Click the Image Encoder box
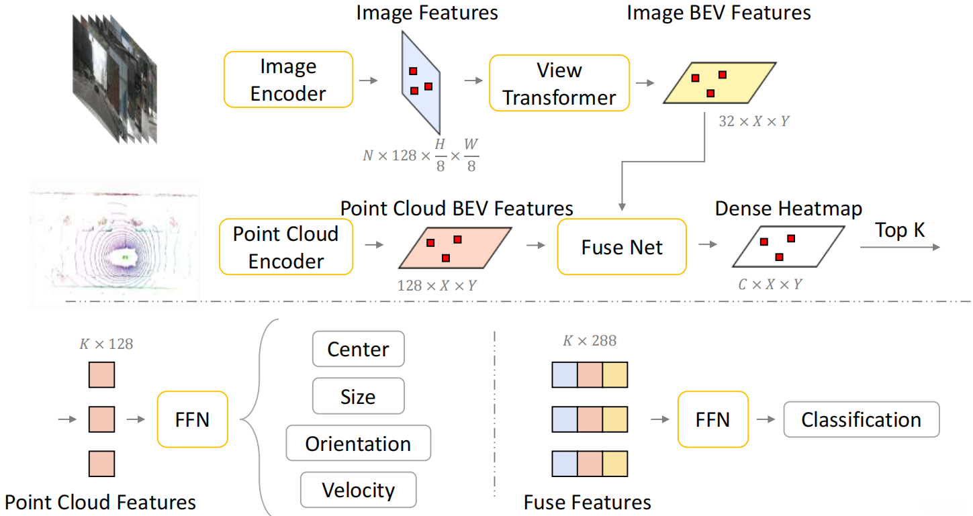pos(288,80)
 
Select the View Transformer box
pos(559,83)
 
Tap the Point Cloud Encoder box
pos(286,247)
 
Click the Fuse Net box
pos(622,247)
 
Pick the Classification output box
pos(861,420)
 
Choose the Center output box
pos(358,349)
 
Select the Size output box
pos(358,396)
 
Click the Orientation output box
pos(358,443)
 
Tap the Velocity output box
pos(358,490)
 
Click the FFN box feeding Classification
pos(712,420)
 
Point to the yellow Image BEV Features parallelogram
pos(720,83)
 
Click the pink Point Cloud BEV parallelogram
pos(455,248)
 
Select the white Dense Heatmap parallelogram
pos(788,247)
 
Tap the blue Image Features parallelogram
pos(420,82)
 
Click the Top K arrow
pos(900,248)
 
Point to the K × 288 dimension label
pos(590,341)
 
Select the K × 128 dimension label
pos(106,344)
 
